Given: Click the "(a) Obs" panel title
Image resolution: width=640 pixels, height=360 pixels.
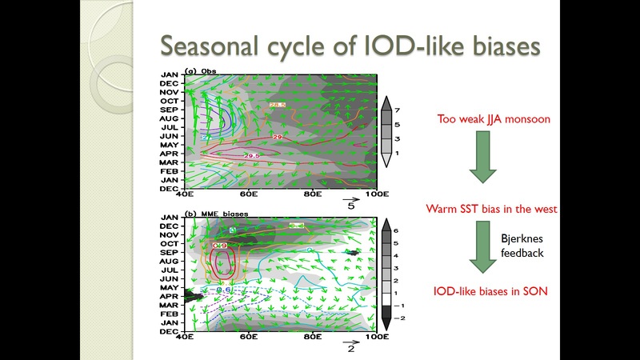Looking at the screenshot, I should tap(200, 71).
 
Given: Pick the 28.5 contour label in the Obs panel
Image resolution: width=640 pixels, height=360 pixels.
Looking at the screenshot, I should tap(277, 105).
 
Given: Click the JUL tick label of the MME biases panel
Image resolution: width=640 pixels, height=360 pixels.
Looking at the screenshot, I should tap(169, 270).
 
